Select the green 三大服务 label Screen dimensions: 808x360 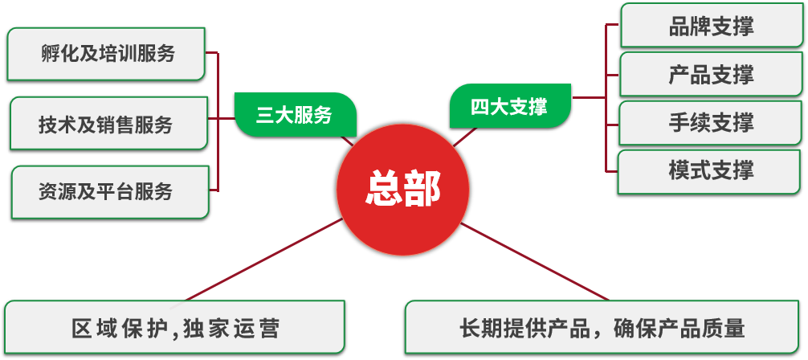pos(294,115)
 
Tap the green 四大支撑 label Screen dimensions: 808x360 pos(509,106)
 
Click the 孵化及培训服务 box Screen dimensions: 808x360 pos(108,54)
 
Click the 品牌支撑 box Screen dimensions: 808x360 pos(711,27)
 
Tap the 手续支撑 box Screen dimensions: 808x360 pos(711,123)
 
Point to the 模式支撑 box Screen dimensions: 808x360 pos(711,170)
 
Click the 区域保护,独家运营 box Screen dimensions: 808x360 pos(175,328)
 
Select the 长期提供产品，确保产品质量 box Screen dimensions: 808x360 pos(603,328)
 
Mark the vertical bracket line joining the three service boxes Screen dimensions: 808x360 pos(218,121)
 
